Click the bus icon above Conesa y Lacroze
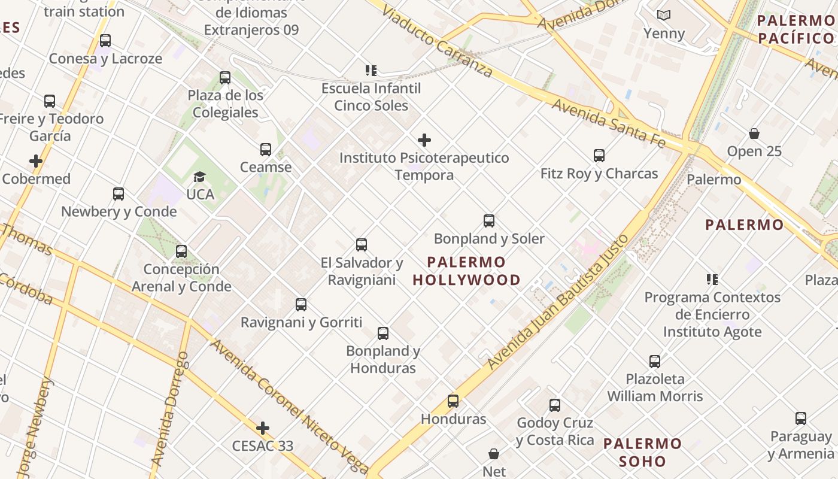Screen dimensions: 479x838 click(x=105, y=41)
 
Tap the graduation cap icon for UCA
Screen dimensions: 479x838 click(x=199, y=177)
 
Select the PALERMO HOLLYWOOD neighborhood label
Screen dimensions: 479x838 click(x=467, y=271)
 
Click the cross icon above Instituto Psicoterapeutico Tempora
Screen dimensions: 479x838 click(x=424, y=140)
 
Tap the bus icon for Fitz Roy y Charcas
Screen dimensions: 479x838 click(x=599, y=156)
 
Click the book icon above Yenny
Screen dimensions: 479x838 click(x=664, y=16)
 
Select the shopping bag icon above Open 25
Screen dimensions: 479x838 click(x=754, y=134)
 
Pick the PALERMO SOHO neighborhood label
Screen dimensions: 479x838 click(x=642, y=453)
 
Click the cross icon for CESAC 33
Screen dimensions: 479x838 click(x=262, y=428)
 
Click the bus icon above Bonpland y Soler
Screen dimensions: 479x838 click(x=489, y=221)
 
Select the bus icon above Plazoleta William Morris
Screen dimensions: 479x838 click(x=655, y=362)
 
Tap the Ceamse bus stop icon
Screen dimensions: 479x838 click(x=266, y=150)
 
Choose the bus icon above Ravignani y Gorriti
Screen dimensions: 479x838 click(x=301, y=305)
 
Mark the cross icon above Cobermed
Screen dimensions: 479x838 click(x=36, y=161)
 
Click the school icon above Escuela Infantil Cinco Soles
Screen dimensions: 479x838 click(x=371, y=71)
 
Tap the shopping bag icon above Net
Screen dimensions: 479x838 click(x=494, y=454)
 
